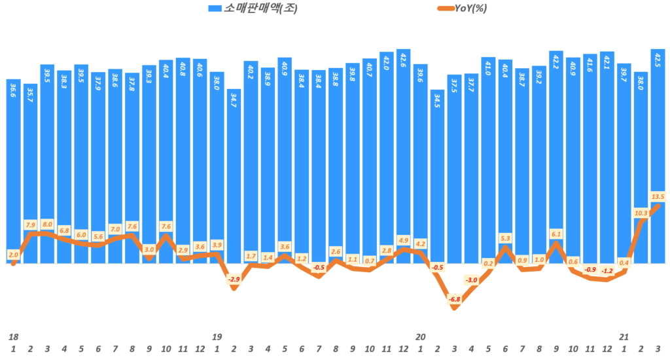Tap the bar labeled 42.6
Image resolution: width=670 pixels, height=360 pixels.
pyautogui.click(x=404, y=157)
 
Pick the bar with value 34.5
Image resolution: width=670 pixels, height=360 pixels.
pyautogui.click(x=438, y=177)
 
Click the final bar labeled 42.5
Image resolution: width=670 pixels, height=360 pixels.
pyautogui.click(x=658, y=157)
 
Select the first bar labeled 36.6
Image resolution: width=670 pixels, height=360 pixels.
pyautogui.click(x=14, y=170)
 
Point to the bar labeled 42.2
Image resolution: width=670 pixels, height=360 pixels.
pyautogui.click(x=556, y=157)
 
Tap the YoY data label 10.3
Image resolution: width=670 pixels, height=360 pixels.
pyautogui.click(x=641, y=213)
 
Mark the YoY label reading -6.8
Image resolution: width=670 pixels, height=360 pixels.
pyautogui.click(x=454, y=299)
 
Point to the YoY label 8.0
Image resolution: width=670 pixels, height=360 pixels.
pyautogui.click(x=47, y=224)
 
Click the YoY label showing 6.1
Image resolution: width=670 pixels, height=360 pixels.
pyautogui.click(x=556, y=234)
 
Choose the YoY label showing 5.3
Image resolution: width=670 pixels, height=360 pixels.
pyautogui.click(x=505, y=238)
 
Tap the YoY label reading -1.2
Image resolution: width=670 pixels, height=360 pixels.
pyautogui.click(x=607, y=270)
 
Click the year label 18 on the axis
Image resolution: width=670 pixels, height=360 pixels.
pyautogui.click(x=13, y=336)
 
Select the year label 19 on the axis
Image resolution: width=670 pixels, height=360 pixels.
pyautogui.click(x=217, y=336)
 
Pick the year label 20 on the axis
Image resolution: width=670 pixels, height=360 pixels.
pyautogui.click(x=421, y=336)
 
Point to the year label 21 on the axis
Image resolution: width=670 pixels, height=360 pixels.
pyautogui.click(x=624, y=336)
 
